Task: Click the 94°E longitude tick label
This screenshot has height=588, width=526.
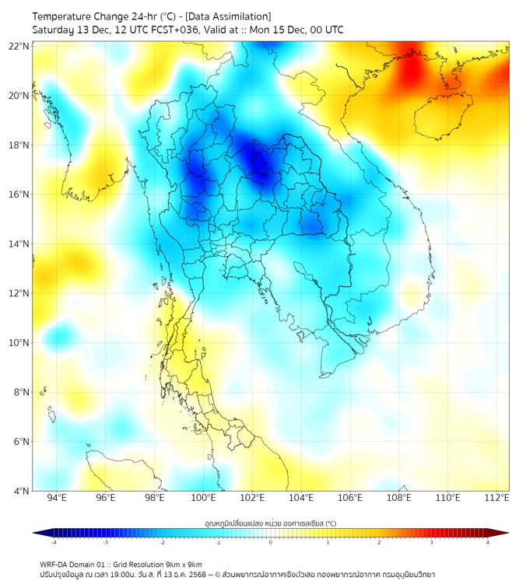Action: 57,499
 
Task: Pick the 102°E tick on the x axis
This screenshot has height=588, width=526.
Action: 252,499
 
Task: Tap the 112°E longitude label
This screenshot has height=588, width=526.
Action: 496,499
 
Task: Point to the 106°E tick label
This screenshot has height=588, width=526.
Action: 350,499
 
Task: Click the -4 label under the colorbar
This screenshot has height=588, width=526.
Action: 54,543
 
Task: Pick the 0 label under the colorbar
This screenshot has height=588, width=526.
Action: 271,543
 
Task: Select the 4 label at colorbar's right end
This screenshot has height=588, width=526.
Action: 488,543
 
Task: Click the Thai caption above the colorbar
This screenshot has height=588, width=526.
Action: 271,523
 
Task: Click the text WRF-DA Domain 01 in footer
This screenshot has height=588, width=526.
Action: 72,564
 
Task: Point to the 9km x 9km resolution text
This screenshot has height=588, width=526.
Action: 182,564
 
